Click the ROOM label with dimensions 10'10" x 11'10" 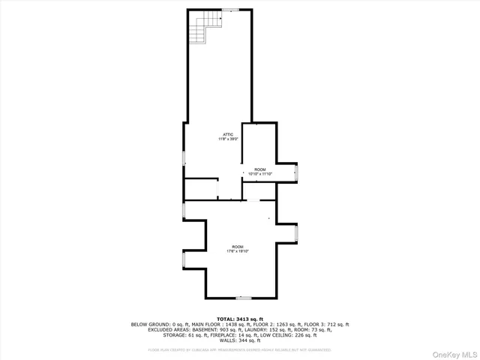click(259, 169)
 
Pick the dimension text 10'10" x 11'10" click(259, 174)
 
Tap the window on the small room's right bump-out click(297, 173)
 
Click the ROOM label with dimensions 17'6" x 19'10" click(238, 247)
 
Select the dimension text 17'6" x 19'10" click(238, 251)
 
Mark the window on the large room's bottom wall click(243, 298)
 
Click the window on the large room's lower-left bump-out click(184, 260)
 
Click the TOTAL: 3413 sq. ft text click(240, 319)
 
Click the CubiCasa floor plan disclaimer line click(239, 349)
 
